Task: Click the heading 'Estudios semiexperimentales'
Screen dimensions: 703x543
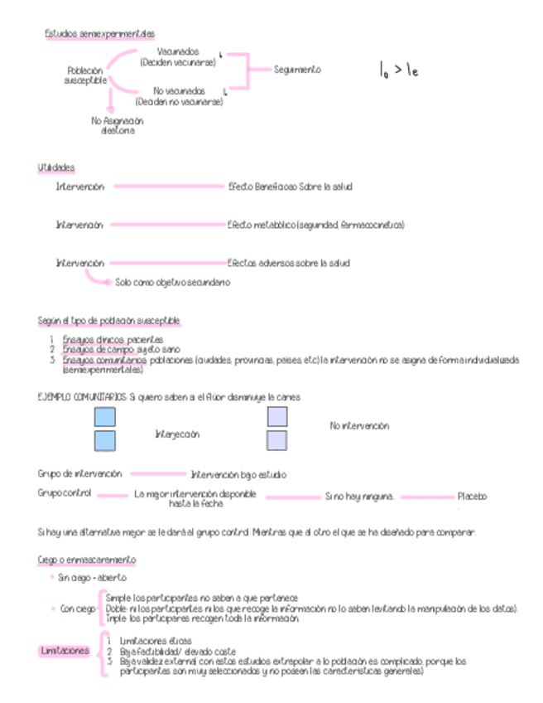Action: coord(99,34)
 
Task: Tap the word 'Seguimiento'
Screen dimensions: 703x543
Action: coord(297,70)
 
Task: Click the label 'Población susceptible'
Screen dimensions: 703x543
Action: coord(85,75)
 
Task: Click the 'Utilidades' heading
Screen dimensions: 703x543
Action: coord(56,167)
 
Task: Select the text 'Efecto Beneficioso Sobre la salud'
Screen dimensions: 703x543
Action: coord(290,187)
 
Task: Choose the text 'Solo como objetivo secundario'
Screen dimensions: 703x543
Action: coord(172,282)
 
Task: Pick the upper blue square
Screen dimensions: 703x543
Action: coord(105,417)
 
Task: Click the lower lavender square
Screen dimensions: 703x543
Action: coord(276,440)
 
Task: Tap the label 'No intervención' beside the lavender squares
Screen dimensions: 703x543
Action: coord(359,426)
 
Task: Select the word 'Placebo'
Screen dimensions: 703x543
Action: coord(473,497)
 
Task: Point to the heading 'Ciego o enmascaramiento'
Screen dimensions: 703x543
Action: coord(87,560)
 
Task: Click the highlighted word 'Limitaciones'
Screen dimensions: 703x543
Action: coord(65,652)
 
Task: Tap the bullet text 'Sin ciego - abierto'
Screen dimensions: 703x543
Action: coord(92,577)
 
